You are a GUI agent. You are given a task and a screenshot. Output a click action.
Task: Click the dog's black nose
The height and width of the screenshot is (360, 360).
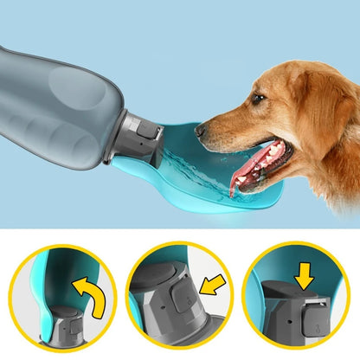click(201, 130)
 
